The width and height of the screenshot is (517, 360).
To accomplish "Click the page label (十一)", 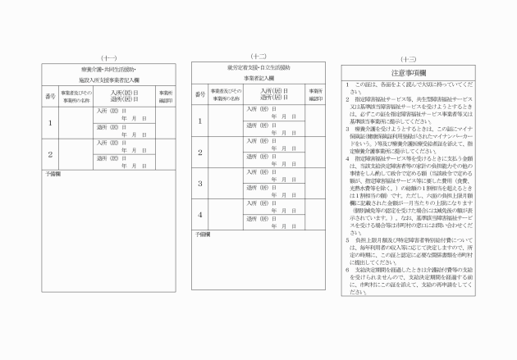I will [x=108, y=57].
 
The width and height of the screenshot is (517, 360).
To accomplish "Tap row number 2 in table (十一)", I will [x=50, y=154].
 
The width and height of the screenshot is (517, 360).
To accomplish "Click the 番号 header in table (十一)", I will [x=50, y=97].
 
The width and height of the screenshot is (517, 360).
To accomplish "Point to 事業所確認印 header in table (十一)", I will [x=165, y=97].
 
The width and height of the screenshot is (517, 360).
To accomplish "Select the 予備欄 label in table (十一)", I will [x=53, y=175].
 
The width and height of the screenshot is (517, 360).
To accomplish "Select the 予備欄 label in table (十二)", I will [x=203, y=235].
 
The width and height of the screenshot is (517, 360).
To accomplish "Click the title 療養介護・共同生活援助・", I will [x=108, y=71].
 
